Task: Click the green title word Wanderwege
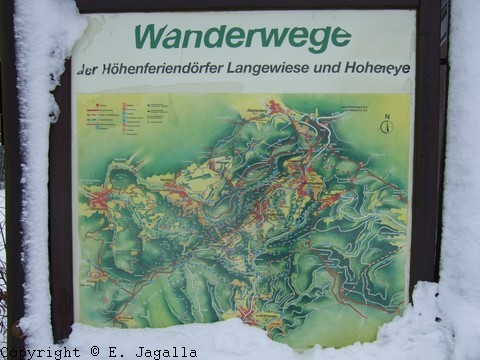click(x=242, y=37)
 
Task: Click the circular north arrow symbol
click(x=386, y=127)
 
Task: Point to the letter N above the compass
click(x=386, y=115)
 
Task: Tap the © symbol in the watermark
click(x=96, y=352)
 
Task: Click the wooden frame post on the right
click(x=428, y=150)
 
